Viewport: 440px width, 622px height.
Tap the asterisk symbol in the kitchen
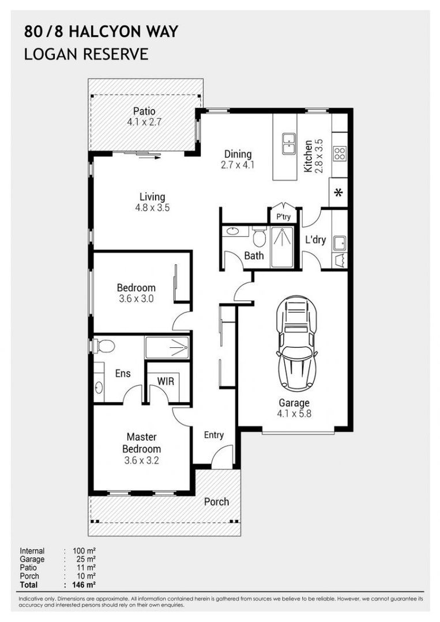[x=339, y=193]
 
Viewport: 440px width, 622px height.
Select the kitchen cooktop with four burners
[x=340, y=153]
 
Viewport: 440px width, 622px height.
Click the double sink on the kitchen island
[x=288, y=143]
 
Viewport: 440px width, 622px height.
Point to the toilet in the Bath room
[x=260, y=237]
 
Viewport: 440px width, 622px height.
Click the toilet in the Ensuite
[x=104, y=346]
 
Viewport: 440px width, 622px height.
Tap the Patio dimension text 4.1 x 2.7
[x=144, y=122]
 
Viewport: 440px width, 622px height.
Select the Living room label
[x=152, y=197]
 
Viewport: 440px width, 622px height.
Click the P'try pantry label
[x=284, y=217]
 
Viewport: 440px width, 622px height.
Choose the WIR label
[x=166, y=381]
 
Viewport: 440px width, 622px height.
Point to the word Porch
[x=216, y=502]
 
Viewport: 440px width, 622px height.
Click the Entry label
[x=213, y=435]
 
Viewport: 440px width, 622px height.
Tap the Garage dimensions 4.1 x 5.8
[x=294, y=414]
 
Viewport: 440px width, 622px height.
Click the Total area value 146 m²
[x=84, y=585]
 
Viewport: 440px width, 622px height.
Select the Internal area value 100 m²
[x=84, y=551]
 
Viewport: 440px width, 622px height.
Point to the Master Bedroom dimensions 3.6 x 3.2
[x=141, y=461]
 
